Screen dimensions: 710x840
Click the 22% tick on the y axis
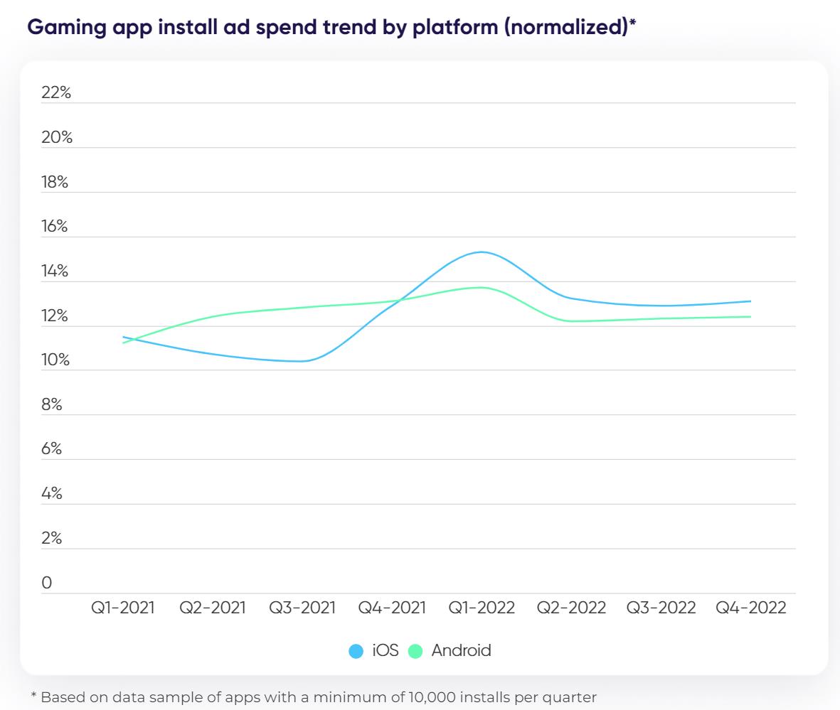pyautogui.click(x=56, y=92)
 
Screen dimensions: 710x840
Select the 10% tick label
pyautogui.click(x=56, y=360)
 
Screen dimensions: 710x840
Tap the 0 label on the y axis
pyautogui.click(x=47, y=583)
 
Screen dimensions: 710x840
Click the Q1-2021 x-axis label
pyautogui.click(x=122, y=608)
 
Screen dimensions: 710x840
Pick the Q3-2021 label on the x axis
pyautogui.click(x=302, y=608)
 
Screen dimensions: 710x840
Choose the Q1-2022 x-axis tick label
pyautogui.click(x=482, y=608)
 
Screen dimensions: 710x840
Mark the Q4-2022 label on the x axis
pyautogui.click(x=751, y=608)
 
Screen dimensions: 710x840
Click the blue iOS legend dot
pyautogui.click(x=356, y=650)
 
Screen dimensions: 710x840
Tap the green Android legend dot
pyautogui.click(x=415, y=650)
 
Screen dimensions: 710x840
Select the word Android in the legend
pyautogui.click(x=461, y=650)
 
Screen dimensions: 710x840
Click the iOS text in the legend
pyautogui.click(x=386, y=650)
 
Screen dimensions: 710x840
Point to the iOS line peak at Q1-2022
pyautogui.click(x=482, y=252)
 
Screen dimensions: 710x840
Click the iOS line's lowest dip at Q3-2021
pyautogui.click(x=302, y=361)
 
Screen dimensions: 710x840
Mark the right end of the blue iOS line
pyautogui.click(x=750, y=301)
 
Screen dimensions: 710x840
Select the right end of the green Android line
pyautogui.click(x=750, y=317)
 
